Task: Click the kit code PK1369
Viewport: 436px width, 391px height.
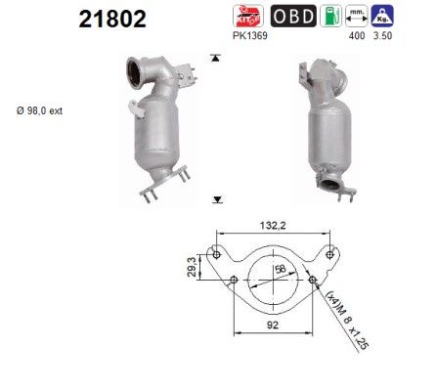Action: pos(252,36)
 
